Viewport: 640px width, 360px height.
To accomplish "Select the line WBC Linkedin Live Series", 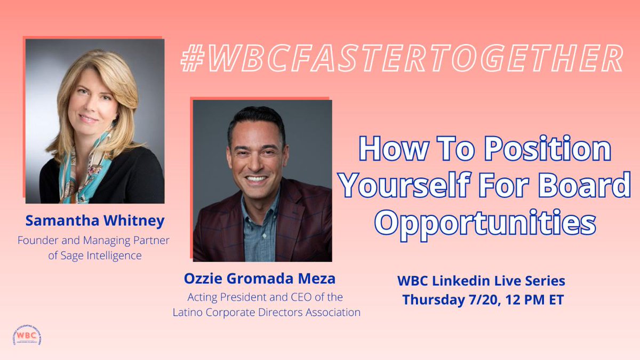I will pyautogui.click(x=481, y=281).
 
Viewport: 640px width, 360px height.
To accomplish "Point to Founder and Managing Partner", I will pyautogui.click(x=93, y=240).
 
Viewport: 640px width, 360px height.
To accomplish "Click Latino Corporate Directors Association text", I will pyautogui.click(x=267, y=313).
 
